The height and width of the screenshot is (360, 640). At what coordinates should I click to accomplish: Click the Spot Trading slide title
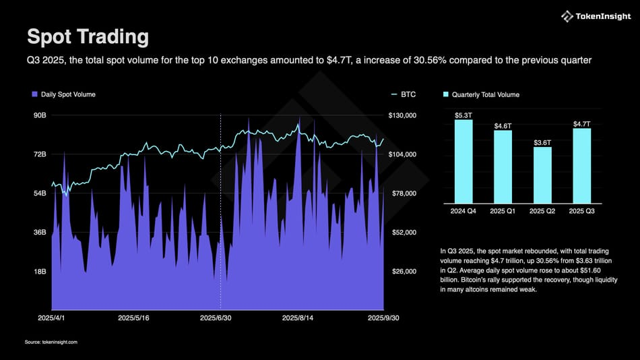click(88, 36)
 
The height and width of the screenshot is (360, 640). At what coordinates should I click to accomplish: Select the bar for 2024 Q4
click(463, 161)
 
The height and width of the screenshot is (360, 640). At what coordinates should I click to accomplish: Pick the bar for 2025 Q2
click(542, 175)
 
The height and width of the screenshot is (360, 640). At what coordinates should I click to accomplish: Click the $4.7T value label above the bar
click(581, 124)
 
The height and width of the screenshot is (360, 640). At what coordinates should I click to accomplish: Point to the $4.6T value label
click(503, 126)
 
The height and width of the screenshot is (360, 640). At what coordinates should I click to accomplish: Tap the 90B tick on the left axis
click(39, 116)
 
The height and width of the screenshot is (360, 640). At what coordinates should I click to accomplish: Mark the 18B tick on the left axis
click(39, 272)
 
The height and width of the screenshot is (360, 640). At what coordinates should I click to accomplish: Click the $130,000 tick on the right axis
click(403, 116)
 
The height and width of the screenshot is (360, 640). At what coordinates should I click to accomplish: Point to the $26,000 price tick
click(403, 272)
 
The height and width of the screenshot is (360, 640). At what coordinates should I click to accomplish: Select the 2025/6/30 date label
click(218, 317)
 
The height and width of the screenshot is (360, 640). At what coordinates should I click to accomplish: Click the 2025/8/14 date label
click(299, 317)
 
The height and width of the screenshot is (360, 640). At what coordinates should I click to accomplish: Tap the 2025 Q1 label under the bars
click(503, 212)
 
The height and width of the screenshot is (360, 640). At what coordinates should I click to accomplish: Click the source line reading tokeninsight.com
click(51, 342)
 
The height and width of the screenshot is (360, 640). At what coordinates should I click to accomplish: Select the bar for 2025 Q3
click(581, 165)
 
